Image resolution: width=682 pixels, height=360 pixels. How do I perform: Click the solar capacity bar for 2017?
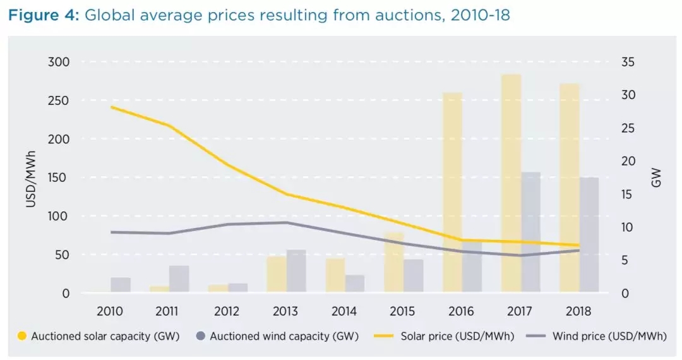pos(512,183)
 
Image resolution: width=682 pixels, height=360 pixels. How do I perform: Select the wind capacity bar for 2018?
pos(589,234)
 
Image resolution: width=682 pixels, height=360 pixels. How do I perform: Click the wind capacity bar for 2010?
pos(121,284)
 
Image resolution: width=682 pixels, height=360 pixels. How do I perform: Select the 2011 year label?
pos(167,311)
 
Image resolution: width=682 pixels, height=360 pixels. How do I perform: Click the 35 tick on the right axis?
pos(628,62)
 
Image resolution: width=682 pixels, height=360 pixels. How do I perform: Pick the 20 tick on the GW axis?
pos(628,161)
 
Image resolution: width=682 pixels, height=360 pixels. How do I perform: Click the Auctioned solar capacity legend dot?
pos(22,336)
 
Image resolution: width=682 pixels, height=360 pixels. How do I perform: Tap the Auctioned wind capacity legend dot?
pos(200,336)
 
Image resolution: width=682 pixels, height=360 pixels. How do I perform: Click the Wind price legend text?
pos(609,336)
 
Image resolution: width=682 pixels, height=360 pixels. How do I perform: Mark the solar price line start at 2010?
pos(112,107)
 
